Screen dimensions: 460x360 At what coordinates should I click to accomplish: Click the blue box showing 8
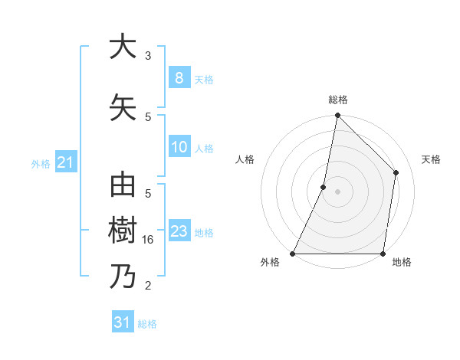point(179,78)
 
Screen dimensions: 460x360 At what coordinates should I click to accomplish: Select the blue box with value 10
point(179,148)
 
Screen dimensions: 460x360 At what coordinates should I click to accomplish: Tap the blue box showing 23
point(179,232)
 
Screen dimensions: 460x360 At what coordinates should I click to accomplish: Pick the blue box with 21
point(66,162)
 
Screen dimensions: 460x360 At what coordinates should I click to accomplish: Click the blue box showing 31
point(123,322)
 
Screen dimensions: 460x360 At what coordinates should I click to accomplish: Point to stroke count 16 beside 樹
point(149,239)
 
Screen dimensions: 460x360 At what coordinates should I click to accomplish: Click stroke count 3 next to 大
point(148,56)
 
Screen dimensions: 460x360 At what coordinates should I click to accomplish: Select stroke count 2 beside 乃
point(148,286)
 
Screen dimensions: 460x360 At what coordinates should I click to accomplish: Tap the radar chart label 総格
point(337,100)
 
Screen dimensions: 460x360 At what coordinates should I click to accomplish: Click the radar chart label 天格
point(431,159)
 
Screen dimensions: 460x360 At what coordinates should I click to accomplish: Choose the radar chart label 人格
point(245,159)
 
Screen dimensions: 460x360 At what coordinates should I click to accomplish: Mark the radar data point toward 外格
point(293,254)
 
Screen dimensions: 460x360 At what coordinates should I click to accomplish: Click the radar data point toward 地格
point(383,254)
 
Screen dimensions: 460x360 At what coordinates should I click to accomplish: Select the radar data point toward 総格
point(337,116)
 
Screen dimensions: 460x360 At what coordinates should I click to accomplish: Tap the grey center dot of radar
point(337,191)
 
